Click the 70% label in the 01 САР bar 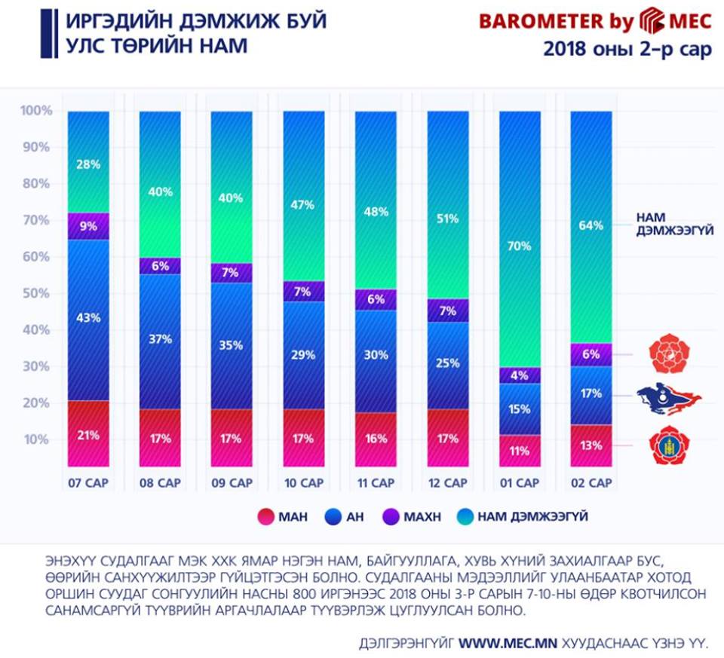520,246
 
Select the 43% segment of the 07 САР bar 88,317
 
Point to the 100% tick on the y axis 36,112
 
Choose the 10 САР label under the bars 304,482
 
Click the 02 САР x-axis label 591,482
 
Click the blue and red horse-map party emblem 668,395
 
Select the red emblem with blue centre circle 669,445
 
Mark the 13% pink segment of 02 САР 591,445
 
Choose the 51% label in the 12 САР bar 448,219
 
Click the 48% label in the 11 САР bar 376,212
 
